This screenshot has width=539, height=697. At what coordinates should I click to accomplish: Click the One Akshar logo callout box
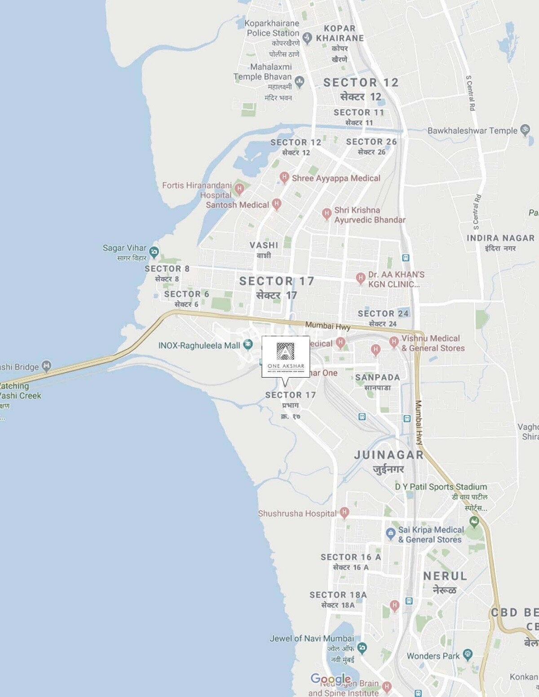(x=286, y=357)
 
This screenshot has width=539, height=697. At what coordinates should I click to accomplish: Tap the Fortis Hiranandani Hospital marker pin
(x=239, y=188)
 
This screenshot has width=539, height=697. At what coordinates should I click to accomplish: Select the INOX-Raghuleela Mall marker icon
(x=247, y=345)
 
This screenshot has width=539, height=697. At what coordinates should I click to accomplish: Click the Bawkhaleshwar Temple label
(x=473, y=131)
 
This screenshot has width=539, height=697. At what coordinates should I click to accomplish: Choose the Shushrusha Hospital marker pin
(x=344, y=512)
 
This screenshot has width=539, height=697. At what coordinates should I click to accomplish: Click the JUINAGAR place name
(x=389, y=455)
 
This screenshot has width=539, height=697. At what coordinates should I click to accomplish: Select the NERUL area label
(x=445, y=576)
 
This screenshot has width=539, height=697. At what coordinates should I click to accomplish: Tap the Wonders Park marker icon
(x=468, y=654)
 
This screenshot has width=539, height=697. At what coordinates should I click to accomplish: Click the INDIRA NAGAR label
(x=500, y=238)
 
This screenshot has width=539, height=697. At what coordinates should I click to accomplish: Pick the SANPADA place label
(x=377, y=377)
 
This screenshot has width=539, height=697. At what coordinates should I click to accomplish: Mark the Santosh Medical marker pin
(x=277, y=204)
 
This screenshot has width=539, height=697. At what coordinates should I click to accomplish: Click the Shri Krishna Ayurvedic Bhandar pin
(x=327, y=213)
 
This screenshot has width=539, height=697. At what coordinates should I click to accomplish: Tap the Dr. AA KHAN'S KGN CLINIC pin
(x=360, y=278)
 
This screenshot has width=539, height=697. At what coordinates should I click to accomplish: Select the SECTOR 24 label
(x=383, y=314)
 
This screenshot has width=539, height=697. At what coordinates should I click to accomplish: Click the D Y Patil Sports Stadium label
(x=441, y=487)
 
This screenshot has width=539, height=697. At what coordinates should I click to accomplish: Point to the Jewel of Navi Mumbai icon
(x=362, y=647)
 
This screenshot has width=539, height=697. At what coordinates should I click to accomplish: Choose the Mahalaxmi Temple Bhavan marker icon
(x=300, y=81)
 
